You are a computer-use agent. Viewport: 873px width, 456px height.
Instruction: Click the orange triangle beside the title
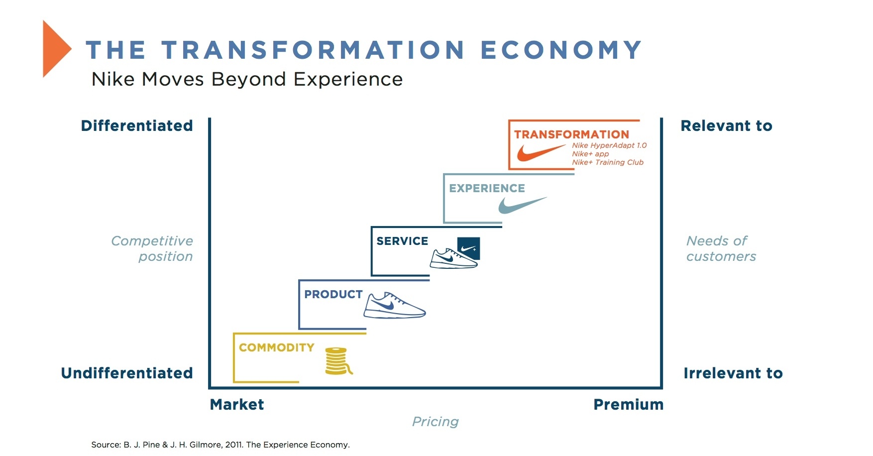[x=55, y=49]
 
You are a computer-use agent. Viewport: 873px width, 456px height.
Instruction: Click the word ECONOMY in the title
[x=561, y=50]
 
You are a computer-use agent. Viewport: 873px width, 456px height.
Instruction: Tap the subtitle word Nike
[x=112, y=79]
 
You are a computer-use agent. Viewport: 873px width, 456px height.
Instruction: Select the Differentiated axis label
[x=137, y=126]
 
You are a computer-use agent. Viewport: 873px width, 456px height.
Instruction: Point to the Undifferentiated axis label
[x=127, y=373]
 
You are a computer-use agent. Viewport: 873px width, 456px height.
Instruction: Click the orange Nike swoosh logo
[x=541, y=152]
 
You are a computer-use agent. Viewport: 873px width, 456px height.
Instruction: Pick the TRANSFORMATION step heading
[x=571, y=134]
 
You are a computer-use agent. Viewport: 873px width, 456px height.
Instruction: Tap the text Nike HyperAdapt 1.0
[x=609, y=145]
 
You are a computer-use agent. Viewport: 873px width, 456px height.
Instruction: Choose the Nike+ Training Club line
[x=607, y=162]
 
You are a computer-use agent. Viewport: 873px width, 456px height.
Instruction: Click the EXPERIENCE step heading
[x=487, y=188]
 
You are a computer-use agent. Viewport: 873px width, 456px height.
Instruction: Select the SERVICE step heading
[x=402, y=241]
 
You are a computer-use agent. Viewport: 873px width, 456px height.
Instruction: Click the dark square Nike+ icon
[x=468, y=248]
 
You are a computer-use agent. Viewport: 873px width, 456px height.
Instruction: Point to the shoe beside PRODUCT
[x=394, y=306]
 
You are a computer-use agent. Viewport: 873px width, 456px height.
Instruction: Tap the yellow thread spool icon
[x=337, y=361]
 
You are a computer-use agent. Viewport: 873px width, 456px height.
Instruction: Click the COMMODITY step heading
[x=276, y=347]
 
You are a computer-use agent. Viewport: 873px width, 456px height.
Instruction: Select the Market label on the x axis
[x=237, y=405]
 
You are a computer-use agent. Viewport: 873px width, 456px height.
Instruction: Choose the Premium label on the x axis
[x=628, y=405]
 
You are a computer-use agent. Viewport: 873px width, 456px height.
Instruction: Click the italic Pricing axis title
[x=435, y=422]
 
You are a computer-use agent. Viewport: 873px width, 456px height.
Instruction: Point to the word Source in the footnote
[x=106, y=445]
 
